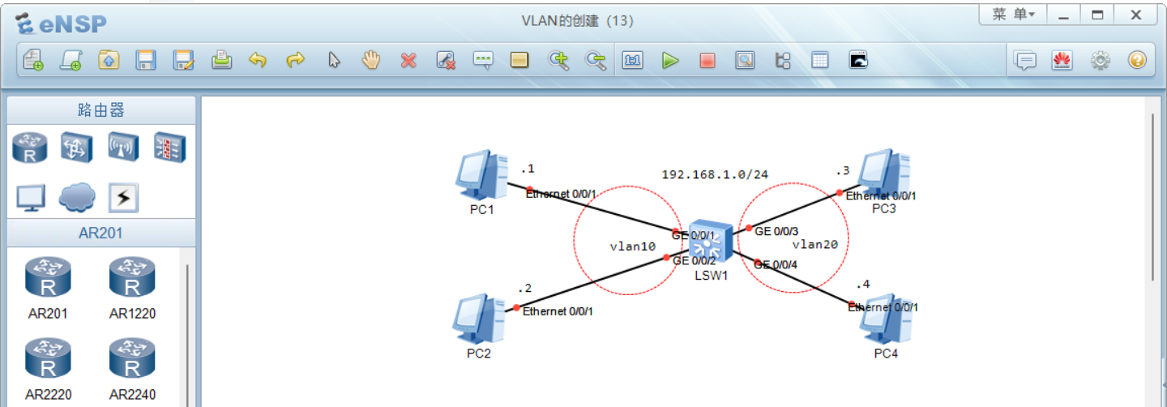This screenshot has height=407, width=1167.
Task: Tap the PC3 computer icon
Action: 884,172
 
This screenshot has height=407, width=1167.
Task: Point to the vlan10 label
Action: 632,246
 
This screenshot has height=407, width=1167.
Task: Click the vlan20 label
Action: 814,243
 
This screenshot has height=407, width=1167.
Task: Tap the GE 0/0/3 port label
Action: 776,231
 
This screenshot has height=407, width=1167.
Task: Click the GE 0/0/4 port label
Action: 776,264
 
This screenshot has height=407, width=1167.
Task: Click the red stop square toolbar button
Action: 707,60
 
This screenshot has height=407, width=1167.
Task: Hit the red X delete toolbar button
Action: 408,60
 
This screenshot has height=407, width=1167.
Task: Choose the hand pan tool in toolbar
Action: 371,60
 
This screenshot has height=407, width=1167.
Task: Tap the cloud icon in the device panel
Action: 77,196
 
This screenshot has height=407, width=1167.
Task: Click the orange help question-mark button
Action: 1137,60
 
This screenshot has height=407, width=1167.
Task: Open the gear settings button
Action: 1100,60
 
